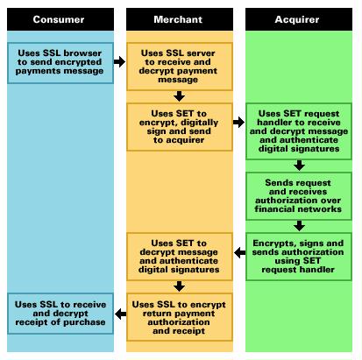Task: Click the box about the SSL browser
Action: click(60, 63)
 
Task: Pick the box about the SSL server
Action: click(180, 67)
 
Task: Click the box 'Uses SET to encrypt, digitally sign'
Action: click(180, 127)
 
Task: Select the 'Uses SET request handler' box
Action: click(299, 131)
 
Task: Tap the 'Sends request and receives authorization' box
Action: click(299, 196)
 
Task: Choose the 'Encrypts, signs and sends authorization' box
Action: click(299, 257)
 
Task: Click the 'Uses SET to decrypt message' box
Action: click(180, 257)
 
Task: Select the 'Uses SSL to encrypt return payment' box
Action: click(180, 317)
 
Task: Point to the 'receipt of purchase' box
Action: click(60, 314)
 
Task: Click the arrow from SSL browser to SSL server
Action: click(119, 61)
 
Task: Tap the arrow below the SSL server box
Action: click(179, 96)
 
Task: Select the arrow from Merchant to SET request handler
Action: click(238, 122)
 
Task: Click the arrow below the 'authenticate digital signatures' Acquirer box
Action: click(299, 166)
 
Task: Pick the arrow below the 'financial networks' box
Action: click(299, 226)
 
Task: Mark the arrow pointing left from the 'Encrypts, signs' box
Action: click(240, 252)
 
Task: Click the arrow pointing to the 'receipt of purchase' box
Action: click(120, 314)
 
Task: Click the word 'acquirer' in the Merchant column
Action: click(185, 140)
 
